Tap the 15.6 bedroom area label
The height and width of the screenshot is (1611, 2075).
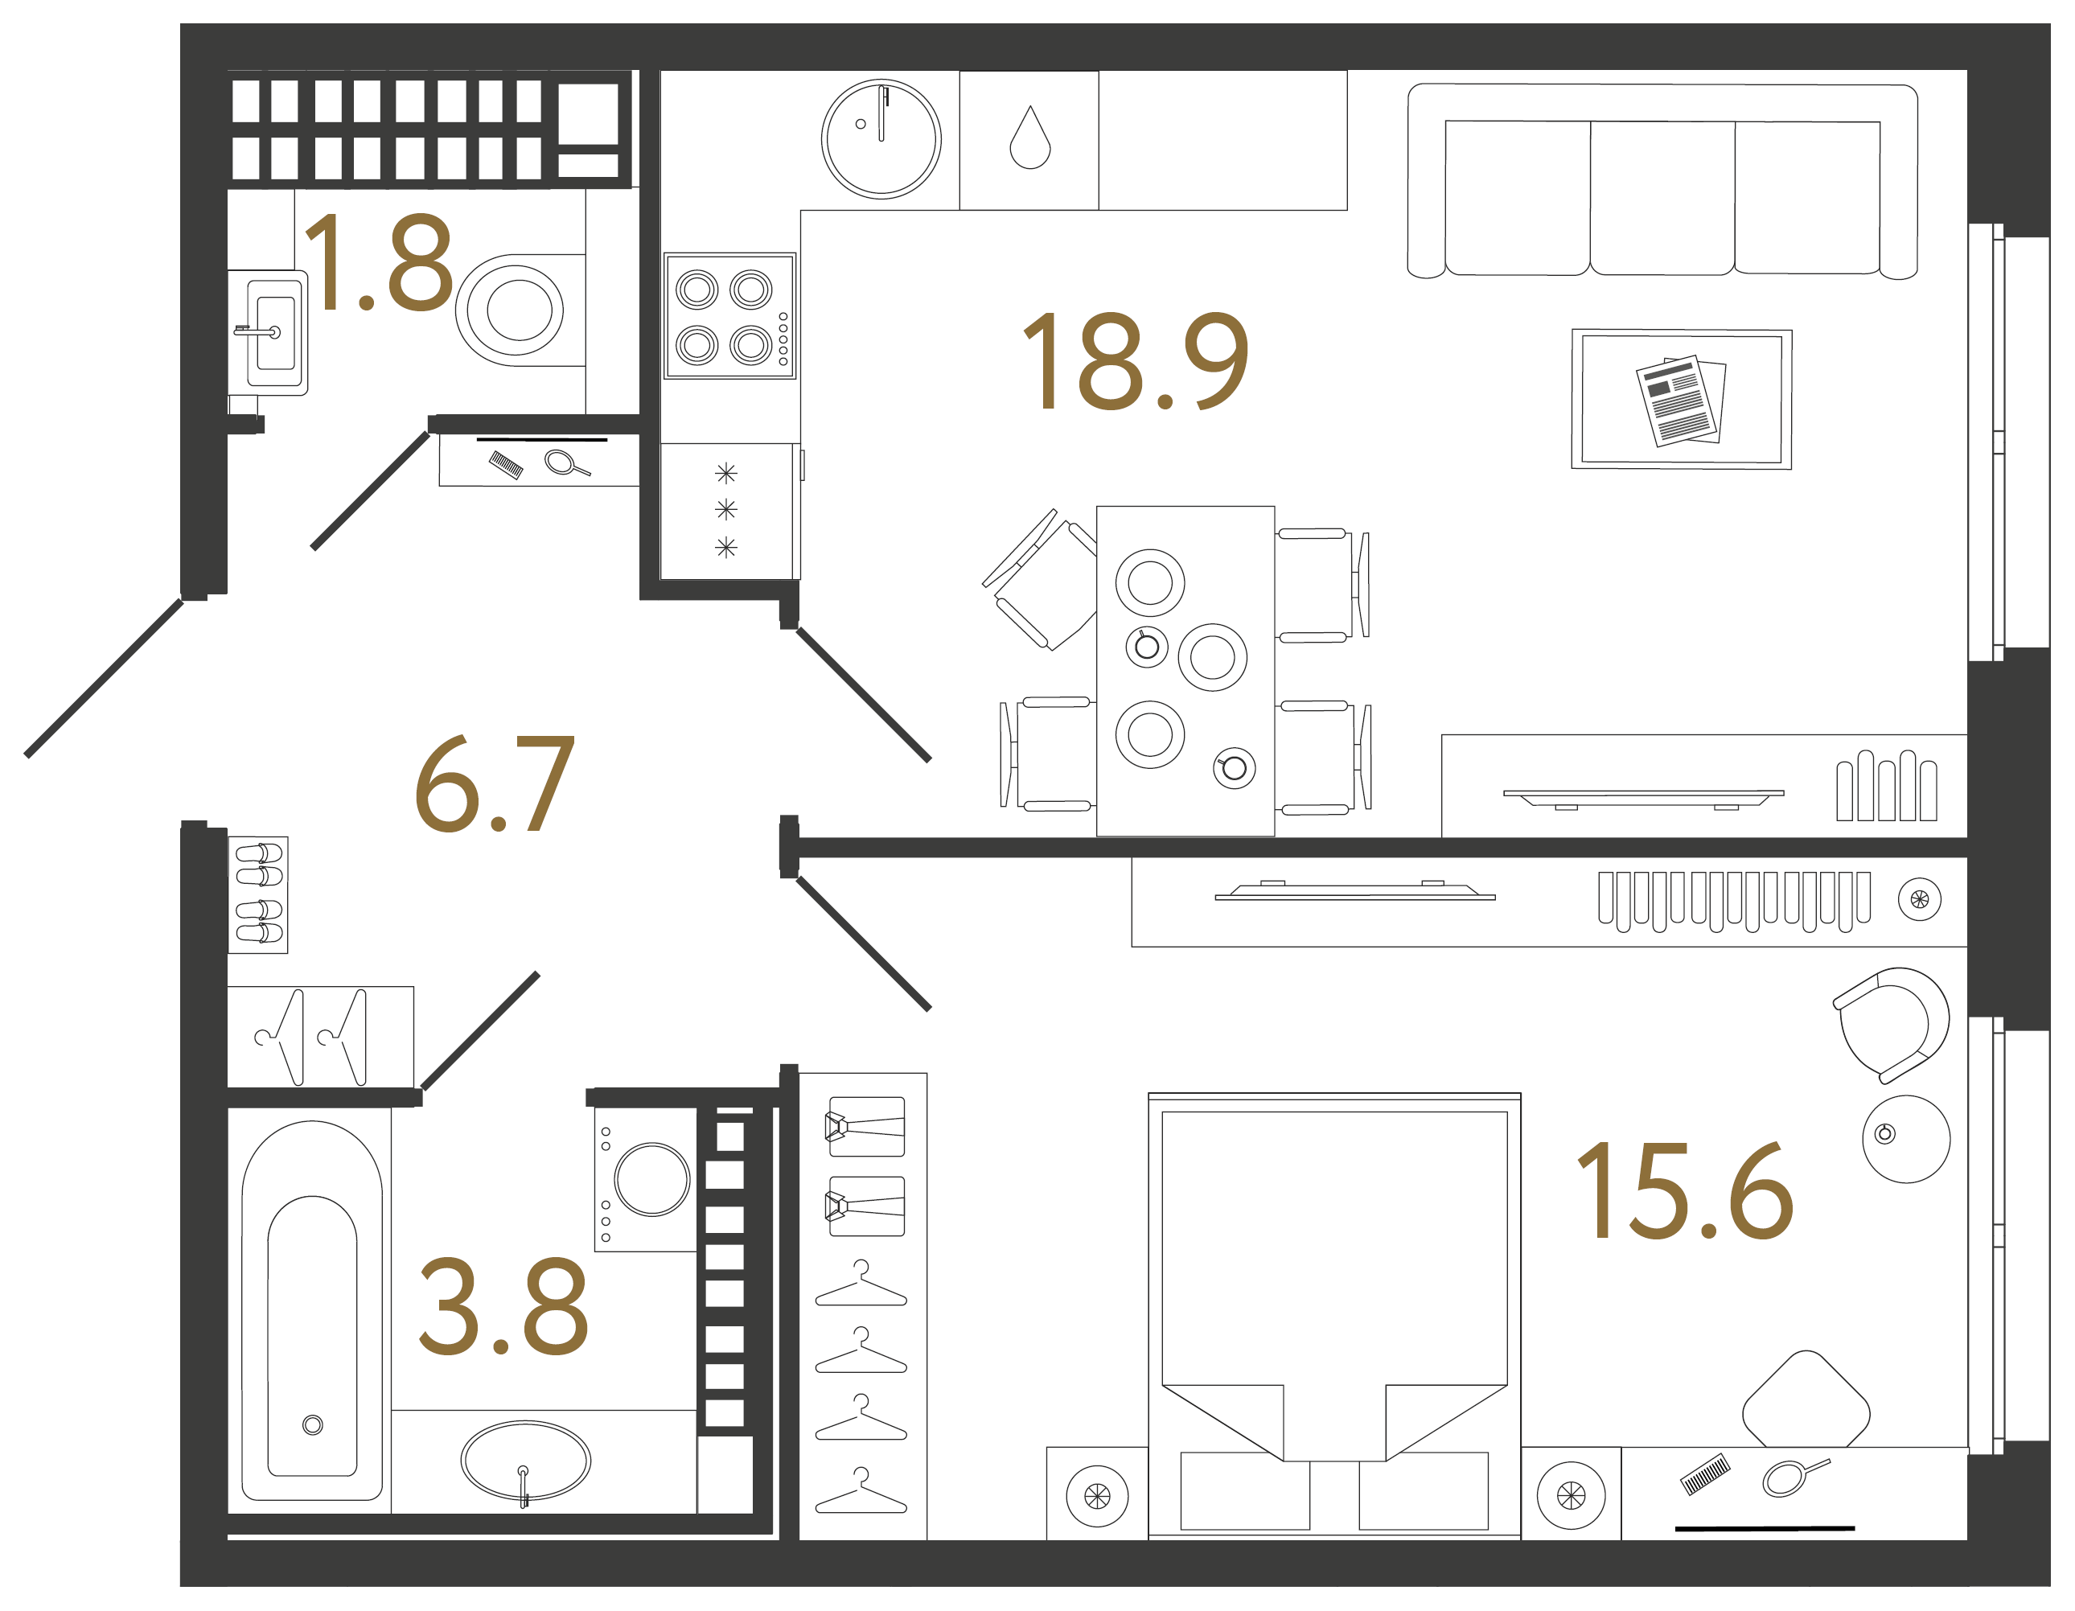click(1683, 1192)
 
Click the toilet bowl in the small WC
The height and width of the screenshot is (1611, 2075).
click(518, 310)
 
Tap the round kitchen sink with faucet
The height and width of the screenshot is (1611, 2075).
click(881, 138)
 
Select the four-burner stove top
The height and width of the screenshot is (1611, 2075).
click(729, 316)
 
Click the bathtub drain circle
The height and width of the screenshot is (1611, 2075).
click(313, 1425)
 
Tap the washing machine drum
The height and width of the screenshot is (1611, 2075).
click(651, 1179)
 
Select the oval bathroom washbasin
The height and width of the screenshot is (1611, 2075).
click(525, 1460)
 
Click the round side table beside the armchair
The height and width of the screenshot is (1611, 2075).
click(1905, 1139)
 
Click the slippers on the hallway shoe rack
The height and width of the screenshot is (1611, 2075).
click(257, 894)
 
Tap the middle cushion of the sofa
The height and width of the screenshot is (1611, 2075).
click(1662, 198)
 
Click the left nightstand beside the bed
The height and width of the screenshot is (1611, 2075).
click(1096, 1496)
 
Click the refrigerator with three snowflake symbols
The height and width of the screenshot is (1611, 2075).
click(727, 510)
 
